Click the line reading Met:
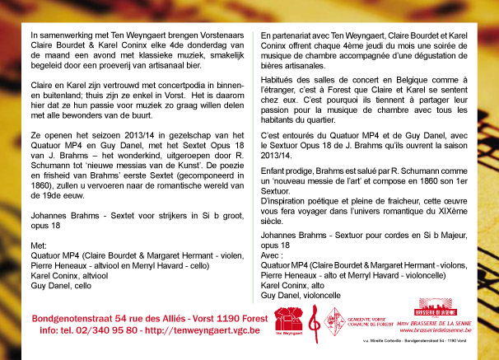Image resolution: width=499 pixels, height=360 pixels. click(x=38, y=245)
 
